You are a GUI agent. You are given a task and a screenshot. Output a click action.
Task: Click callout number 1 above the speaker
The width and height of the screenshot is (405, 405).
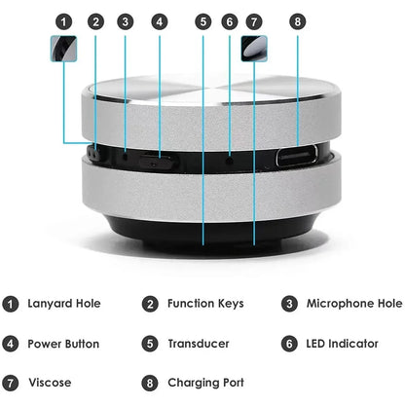pos(63,20)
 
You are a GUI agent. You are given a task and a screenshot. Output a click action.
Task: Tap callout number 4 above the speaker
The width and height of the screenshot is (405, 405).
pos(159,20)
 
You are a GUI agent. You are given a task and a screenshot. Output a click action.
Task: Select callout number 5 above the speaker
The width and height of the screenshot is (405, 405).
pos(202,20)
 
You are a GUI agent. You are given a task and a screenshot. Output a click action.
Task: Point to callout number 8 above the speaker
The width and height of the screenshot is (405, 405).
pos(298,20)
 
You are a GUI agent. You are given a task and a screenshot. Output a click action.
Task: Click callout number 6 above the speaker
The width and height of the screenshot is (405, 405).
pos(230,20)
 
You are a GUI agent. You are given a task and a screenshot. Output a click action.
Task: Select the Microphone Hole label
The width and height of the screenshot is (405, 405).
pos(354,304)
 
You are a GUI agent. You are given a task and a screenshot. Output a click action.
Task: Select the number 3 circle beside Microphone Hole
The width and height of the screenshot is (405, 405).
pos(291,304)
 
